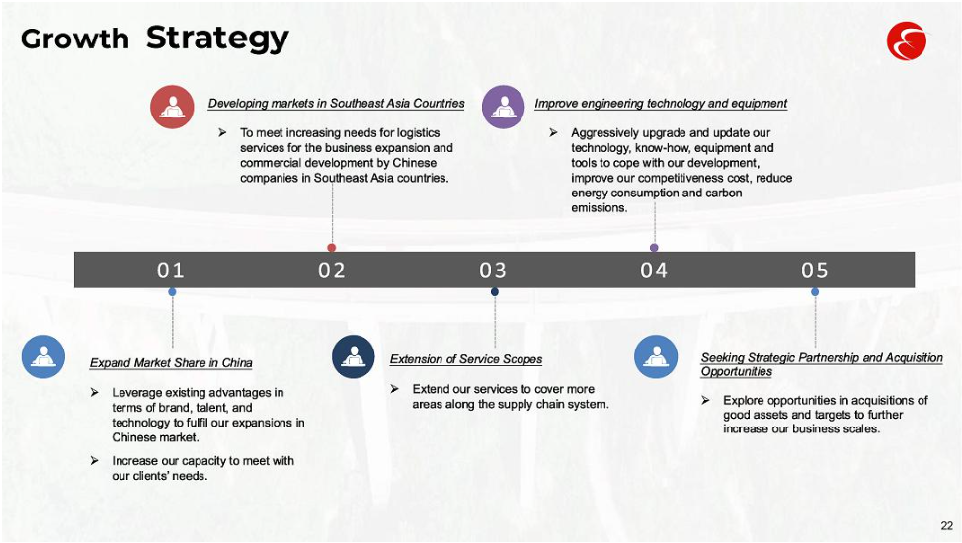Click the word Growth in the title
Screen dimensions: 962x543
tap(75, 39)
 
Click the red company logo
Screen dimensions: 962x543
tap(906, 41)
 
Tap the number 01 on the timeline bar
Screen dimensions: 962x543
tap(171, 270)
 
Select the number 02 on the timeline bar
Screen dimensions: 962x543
tap(331, 270)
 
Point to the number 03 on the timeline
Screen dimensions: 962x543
tap(493, 270)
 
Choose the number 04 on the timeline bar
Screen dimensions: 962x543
tap(654, 270)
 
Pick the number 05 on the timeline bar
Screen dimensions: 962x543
tap(815, 270)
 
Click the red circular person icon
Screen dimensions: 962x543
tap(173, 107)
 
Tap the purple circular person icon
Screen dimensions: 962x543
tap(504, 107)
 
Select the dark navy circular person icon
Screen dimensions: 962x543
tap(354, 356)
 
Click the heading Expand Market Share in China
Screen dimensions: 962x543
tap(171, 362)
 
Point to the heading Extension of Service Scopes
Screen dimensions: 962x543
tap(466, 359)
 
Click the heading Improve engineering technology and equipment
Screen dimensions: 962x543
tap(661, 103)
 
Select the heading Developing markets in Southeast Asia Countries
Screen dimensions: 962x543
tap(336, 103)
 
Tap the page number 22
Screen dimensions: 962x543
tap(946, 526)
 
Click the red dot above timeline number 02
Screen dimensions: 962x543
tap(332, 247)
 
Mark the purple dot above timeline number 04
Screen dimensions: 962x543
tap(654, 247)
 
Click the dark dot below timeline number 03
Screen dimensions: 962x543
tap(495, 292)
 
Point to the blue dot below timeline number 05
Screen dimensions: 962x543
tap(815, 292)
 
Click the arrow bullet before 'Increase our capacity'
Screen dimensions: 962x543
tap(95, 460)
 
